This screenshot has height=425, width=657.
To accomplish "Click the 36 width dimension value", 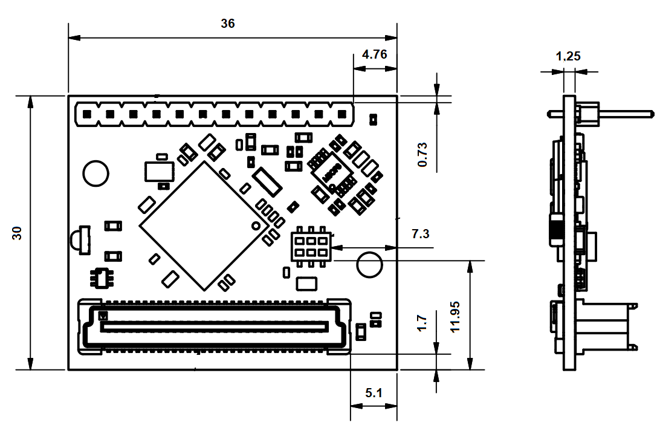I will [x=228, y=24].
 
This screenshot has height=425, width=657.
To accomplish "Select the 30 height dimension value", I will [x=18, y=233].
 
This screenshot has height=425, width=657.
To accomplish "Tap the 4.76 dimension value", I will [x=374, y=54].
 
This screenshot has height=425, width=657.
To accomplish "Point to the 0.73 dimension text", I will [x=422, y=154].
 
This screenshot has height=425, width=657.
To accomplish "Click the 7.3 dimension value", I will [x=421, y=234].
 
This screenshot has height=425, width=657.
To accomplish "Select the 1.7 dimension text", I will [x=422, y=323].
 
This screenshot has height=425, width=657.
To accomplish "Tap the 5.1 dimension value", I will [x=374, y=393].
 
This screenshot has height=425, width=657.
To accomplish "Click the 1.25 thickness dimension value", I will [x=568, y=56].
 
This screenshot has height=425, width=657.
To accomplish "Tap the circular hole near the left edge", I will [x=96, y=174].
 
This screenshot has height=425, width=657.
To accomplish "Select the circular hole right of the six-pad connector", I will [x=370, y=265].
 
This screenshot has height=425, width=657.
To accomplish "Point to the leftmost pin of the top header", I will [x=87, y=114].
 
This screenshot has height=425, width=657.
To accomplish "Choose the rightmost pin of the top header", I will [x=343, y=114].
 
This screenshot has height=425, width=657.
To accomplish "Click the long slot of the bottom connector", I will [x=215, y=326].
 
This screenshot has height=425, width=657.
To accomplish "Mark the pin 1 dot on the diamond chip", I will [x=255, y=226].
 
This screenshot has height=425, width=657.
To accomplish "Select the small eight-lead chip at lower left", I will [x=100, y=278].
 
